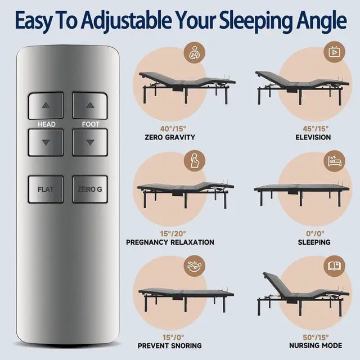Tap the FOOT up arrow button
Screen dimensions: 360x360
[x=90, y=105]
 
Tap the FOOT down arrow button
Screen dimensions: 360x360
[x=90, y=142]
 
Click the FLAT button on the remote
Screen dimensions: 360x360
[x=46, y=190]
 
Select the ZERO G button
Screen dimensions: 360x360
[x=90, y=190]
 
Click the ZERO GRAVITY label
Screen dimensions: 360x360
[x=170, y=137]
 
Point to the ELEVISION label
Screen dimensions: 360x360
[x=313, y=137]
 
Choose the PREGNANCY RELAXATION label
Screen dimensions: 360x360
[x=170, y=242]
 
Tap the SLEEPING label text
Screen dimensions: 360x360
[x=314, y=242]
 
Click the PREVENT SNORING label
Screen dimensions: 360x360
[x=170, y=345]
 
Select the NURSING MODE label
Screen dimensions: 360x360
[x=316, y=345]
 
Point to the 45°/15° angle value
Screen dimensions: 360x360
[x=316, y=129]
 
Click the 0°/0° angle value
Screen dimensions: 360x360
[x=315, y=234]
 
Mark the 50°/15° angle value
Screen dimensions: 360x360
[x=316, y=337]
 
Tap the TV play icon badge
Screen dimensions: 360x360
[x=334, y=52]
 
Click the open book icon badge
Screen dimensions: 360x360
[x=334, y=266]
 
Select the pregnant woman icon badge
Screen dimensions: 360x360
[x=195, y=161]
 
